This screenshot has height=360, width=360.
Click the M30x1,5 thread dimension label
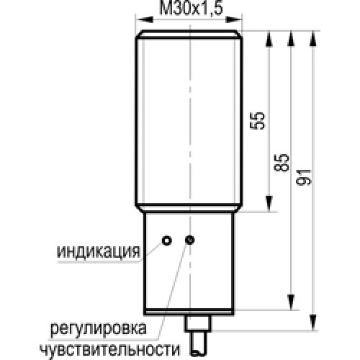tap(192, 9)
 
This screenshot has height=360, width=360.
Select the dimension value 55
tap(258, 121)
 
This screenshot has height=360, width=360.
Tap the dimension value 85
tap(282, 163)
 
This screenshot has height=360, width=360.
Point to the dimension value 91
tap(304, 177)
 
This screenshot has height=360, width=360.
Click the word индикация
tap(98, 252)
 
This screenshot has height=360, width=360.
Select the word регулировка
tap(98, 328)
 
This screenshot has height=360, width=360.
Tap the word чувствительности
tap(109, 349)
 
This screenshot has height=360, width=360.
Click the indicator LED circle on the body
tap(167, 240)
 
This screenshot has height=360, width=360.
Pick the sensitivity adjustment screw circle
tap(190, 240)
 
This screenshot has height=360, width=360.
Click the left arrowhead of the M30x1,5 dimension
tap(145, 19)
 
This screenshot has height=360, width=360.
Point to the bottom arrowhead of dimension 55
tap(269, 204)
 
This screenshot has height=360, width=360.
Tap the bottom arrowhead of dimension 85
tap(291, 302)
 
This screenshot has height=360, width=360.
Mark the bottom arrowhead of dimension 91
tap(313, 323)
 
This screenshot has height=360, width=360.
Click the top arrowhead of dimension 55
tap(269, 39)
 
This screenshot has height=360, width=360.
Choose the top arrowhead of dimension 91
tap(313, 39)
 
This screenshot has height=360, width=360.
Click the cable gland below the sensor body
tap(198, 323)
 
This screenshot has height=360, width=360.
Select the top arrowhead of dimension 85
tap(291, 39)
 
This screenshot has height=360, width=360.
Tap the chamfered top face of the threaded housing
tap(189, 34)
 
